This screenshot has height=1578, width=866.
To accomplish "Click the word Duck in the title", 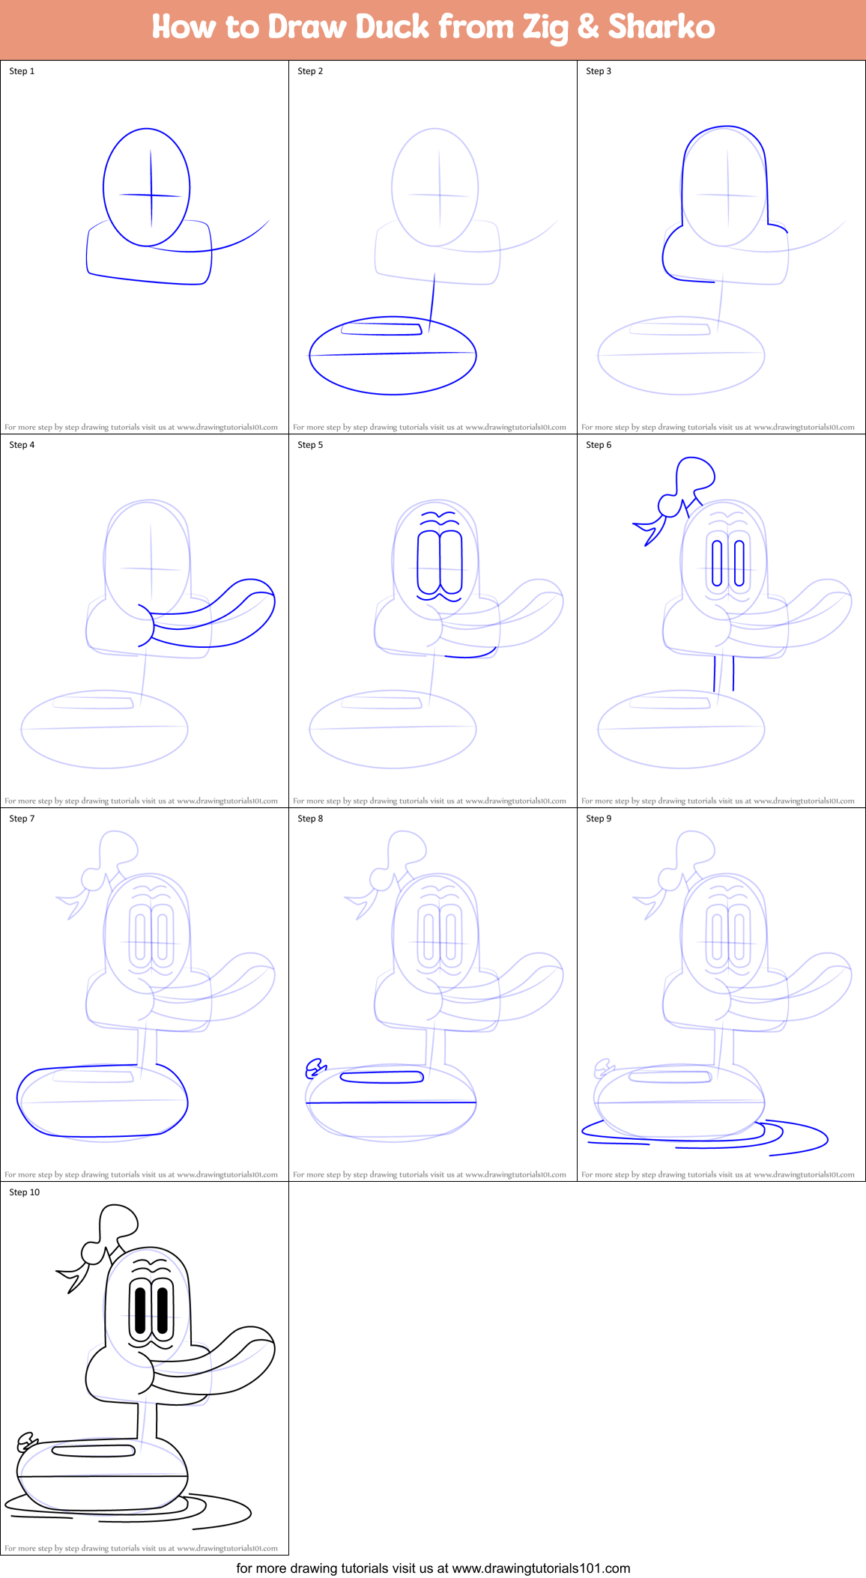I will pyautogui.click(x=392, y=27).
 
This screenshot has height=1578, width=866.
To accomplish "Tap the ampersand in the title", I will pyautogui.click(x=588, y=27).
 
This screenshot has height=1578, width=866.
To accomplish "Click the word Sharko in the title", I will pyautogui.click(x=661, y=27).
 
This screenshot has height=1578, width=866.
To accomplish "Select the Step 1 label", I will pyautogui.click(x=22, y=71).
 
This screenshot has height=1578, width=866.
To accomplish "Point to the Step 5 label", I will pyautogui.click(x=310, y=445).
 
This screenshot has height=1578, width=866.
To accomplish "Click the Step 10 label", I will pyautogui.click(x=24, y=1192).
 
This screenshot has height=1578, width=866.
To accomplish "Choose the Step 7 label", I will pyautogui.click(x=22, y=819).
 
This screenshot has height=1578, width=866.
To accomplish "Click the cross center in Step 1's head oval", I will pyautogui.click(x=151, y=195).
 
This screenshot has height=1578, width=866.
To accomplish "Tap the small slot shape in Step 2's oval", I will pyautogui.click(x=381, y=328).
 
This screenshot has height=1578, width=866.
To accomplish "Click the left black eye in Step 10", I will pyautogui.click(x=139, y=1310).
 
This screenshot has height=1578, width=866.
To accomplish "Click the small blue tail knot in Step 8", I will pyautogui.click(x=315, y=1069).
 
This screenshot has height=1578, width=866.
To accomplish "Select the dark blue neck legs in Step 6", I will pyautogui.click(x=724, y=673).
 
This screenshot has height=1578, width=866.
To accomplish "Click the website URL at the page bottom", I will pyautogui.click(x=541, y=1568).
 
